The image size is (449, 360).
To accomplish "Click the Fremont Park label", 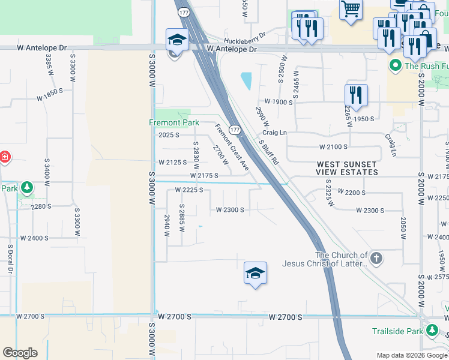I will tap(174, 123).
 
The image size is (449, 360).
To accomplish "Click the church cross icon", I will tap(376, 259).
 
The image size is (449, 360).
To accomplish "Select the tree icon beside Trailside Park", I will tap(431, 331).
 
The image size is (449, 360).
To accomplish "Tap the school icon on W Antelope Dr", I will tap(177, 40).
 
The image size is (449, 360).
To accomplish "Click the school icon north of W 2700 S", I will tap(255, 273).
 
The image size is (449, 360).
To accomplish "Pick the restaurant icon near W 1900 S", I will tap(356, 95).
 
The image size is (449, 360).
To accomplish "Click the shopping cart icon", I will tap(351, 10).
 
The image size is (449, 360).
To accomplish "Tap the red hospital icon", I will tap(5, 157).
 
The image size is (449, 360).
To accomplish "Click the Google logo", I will tap(20, 353).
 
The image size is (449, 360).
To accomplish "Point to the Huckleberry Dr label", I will tap(244, 35).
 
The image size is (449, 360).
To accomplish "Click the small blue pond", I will tap(246, 81).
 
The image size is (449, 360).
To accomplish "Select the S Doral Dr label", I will tap(11, 259).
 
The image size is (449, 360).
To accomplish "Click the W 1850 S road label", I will tap(49, 94).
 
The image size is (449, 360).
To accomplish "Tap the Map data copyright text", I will tap(411, 355).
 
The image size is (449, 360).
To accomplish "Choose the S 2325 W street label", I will tap(329, 193).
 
